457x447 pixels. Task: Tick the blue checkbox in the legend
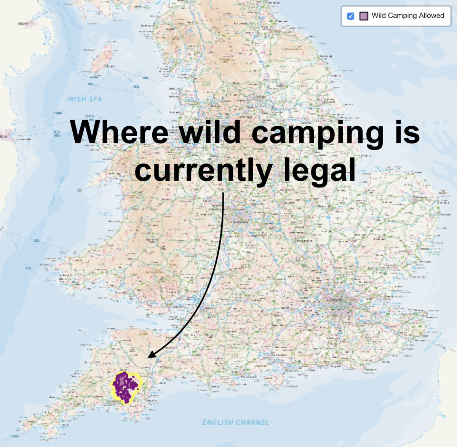[351, 16]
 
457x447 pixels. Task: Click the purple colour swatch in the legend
[364, 16]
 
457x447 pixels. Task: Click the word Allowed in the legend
[431, 16]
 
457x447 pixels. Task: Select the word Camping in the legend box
[402, 16]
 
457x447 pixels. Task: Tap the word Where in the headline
[119, 132]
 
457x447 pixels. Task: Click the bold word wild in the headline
[210, 132]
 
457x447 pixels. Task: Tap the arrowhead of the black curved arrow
[151, 355]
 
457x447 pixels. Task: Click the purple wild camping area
[124, 386]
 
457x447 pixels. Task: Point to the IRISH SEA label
[85, 99]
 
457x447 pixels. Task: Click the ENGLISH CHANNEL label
[235, 422]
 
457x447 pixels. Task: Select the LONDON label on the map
[335, 300]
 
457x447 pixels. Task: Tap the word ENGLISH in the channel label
[218, 422]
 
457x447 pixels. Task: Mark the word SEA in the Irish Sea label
[95, 99]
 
